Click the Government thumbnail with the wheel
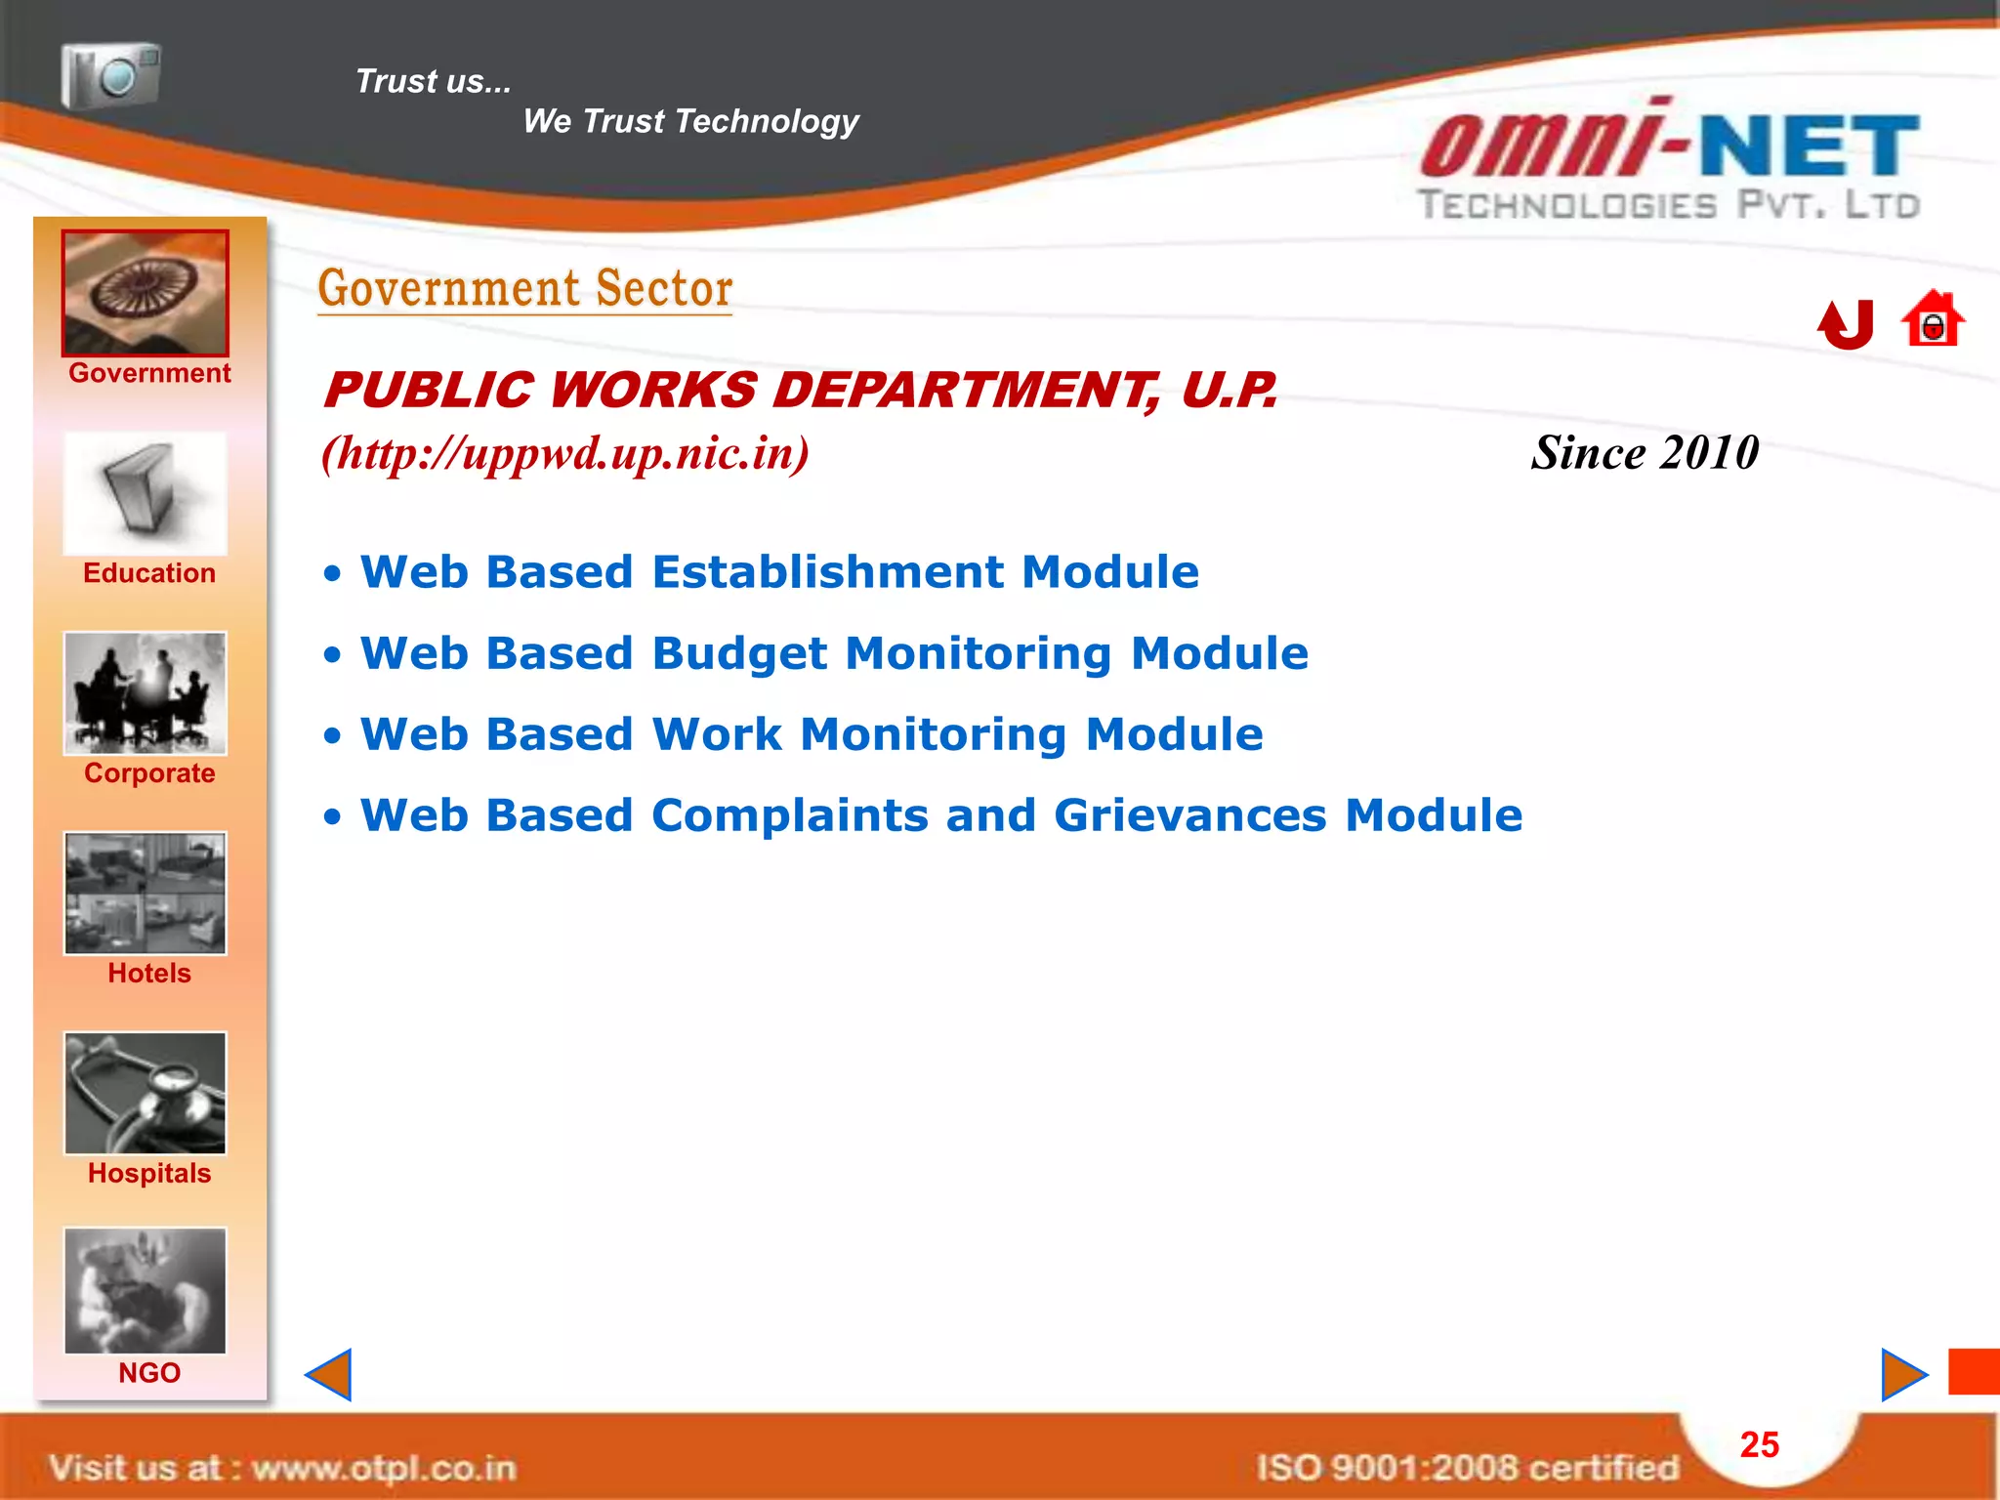[x=146, y=293]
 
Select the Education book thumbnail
[x=146, y=494]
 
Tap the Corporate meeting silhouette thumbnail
[x=146, y=693]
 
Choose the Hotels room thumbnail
[x=146, y=894]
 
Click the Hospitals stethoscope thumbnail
[x=146, y=1094]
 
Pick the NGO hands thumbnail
[x=146, y=1291]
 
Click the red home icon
[x=1933, y=320]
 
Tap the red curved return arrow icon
[x=1847, y=324]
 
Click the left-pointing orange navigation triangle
[x=329, y=1375]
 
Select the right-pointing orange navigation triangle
[x=1903, y=1375]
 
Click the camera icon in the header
[x=110, y=75]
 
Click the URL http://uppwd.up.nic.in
[x=565, y=453]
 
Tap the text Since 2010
[x=1645, y=453]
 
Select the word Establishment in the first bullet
[x=828, y=572]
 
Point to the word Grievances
[x=1189, y=816]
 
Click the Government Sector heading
[x=525, y=289]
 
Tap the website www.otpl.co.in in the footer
[x=383, y=1468]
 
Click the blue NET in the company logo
[x=1810, y=146]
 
